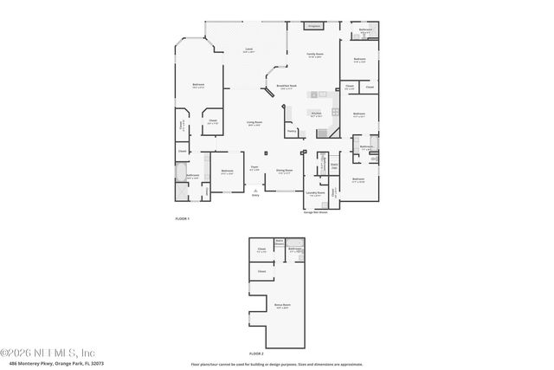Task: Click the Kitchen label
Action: coord(317,114)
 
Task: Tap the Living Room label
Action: coord(254,124)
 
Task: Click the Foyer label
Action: coord(254,168)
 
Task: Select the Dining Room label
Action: coord(284,172)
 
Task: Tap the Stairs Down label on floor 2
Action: coord(280,242)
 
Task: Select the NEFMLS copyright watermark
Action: coord(48,352)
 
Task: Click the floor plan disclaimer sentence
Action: coord(277,364)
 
